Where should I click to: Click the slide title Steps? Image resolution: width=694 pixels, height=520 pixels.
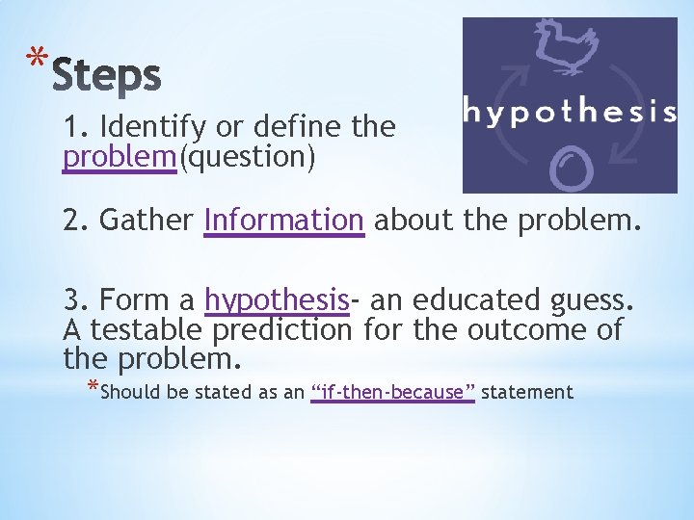(106, 76)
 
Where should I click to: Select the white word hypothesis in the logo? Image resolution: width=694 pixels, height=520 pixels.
(570, 112)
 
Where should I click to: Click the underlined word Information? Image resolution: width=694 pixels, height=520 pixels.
(284, 221)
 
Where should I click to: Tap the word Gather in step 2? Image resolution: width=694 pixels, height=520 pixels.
(147, 221)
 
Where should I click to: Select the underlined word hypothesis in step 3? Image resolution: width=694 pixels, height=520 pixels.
(276, 300)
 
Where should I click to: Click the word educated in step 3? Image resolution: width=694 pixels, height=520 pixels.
(466, 299)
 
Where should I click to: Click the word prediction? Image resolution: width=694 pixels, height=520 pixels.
(282, 330)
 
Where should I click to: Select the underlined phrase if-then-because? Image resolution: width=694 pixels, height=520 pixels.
(393, 392)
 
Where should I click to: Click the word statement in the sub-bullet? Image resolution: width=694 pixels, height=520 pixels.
(527, 392)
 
